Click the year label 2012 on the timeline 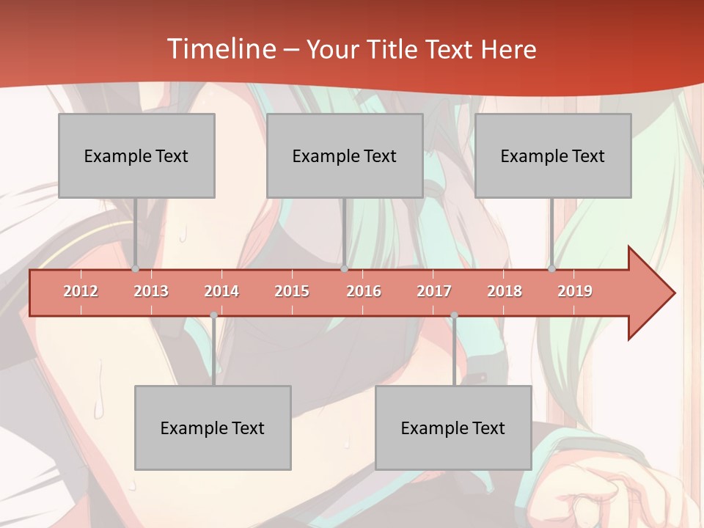tap(81, 291)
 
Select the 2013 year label tap(151, 291)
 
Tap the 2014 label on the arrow tap(221, 291)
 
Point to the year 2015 tap(292, 291)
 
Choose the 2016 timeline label tap(364, 291)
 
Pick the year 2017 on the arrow tap(434, 291)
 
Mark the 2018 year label tap(505, 291)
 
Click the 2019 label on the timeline tap(575, 291)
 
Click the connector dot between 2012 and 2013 tap(135, 269)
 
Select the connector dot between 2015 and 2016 tap(344, 269)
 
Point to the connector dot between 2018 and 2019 tap(551, 269)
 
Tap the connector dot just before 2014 tap(213, 315)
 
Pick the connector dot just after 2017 tap(454, 315)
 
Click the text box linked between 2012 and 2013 tap(136, 156)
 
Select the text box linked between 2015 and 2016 tap(345, 156)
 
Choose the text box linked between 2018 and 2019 tap(553, 156)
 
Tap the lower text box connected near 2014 tap(213, 428)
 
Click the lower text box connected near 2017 tap(453, 428)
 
